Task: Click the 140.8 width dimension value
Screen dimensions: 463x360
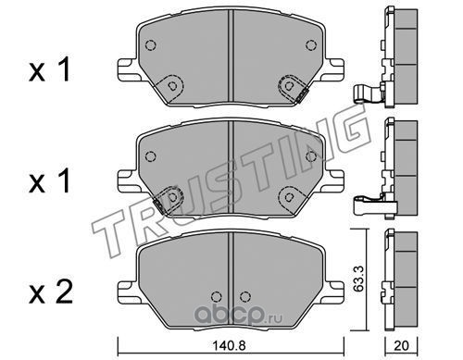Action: tap(229, 345)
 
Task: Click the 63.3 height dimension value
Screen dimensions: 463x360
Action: tap(359, 279)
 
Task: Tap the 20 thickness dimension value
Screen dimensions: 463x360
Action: tap(401, 345)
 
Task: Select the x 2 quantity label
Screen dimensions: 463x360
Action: tap(51, 292)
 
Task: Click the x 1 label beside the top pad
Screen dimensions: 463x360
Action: tap(49, 70)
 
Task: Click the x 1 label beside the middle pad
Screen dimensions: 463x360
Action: tap(49, 181)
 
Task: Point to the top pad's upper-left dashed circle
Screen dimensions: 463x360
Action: tap(150, 45)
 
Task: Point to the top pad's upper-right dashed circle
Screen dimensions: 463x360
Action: tap(311, 45)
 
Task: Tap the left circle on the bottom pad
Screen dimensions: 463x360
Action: tap(217, 296)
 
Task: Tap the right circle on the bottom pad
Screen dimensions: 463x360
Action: tap(245, 296)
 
